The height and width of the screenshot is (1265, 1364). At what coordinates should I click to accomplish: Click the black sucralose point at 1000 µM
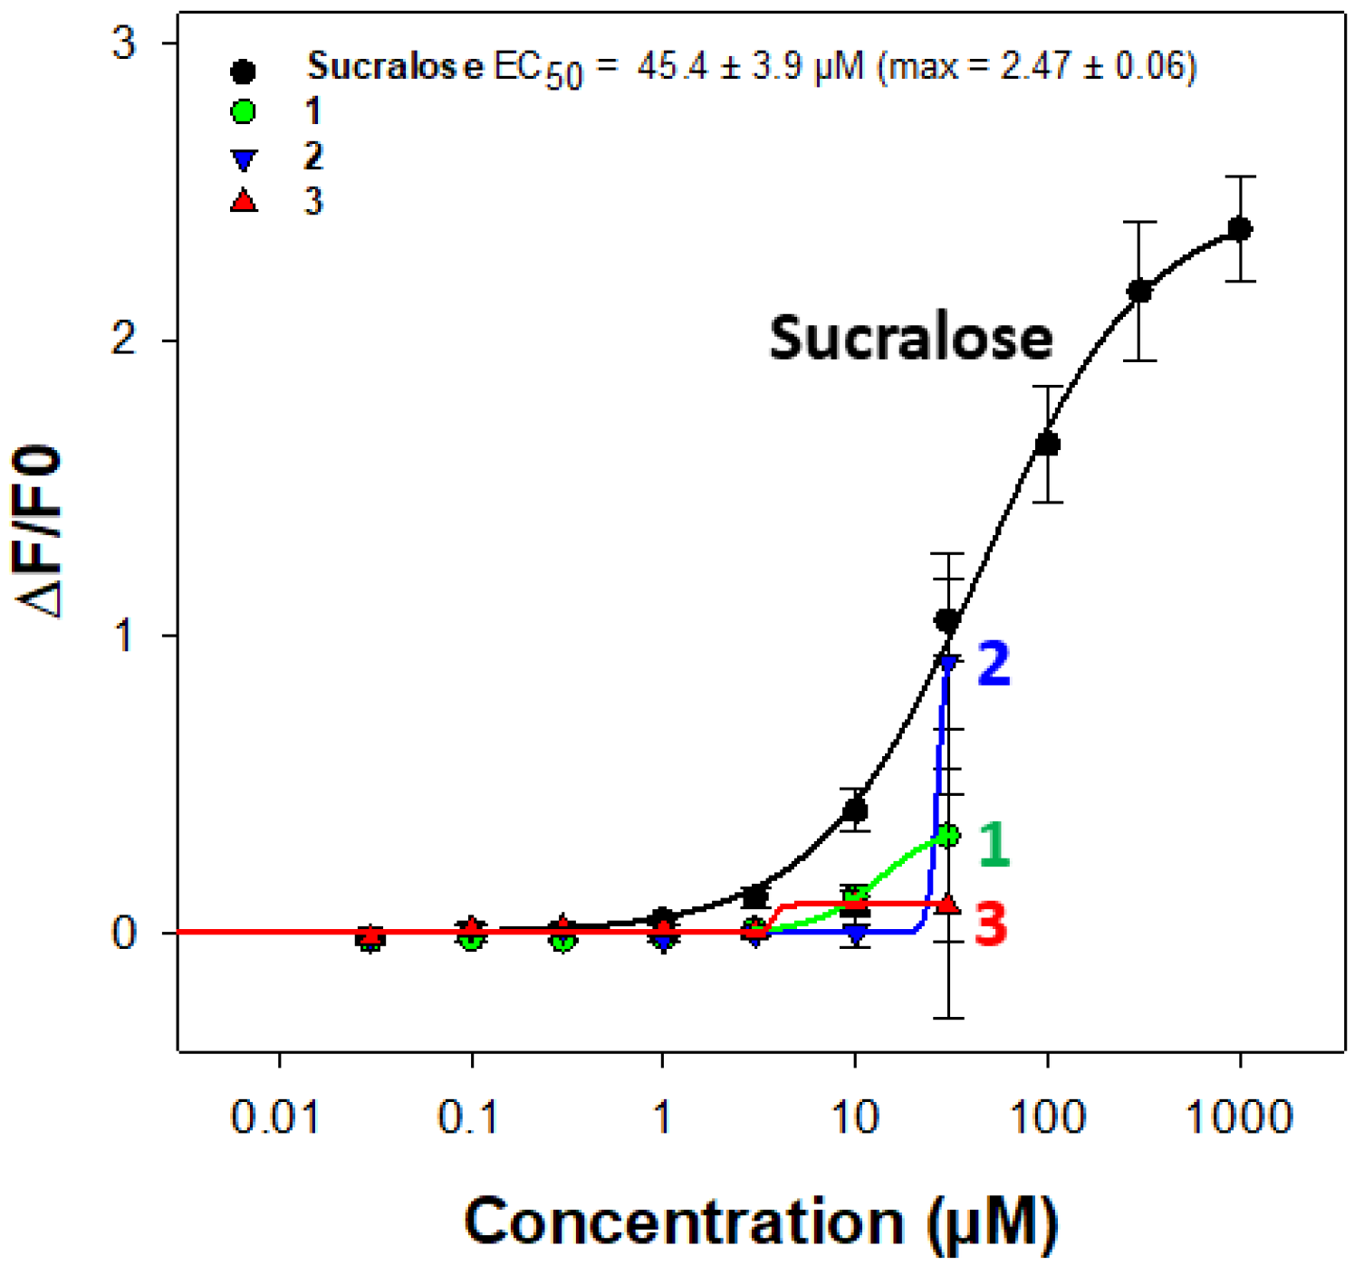click(1239, 229)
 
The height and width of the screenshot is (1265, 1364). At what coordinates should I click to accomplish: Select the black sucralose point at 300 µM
click(1139, 292)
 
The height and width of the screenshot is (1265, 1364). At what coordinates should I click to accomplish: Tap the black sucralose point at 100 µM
click(1047, 444)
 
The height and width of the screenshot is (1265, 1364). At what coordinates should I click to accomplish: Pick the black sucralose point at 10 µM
click(855, 810)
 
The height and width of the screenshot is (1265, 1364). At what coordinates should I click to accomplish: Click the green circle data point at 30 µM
click(948, 835)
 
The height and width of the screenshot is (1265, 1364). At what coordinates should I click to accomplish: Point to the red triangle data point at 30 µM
click(948, 904)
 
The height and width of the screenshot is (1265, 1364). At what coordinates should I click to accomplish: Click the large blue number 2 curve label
click(994, 665)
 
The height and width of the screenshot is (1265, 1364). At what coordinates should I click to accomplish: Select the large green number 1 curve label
click(994, 844)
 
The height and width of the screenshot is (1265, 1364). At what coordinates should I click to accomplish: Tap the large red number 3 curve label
click(991, 925)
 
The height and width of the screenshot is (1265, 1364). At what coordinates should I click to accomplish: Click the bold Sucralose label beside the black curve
click(911, 338)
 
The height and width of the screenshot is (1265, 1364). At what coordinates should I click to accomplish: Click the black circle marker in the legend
click(243, 71)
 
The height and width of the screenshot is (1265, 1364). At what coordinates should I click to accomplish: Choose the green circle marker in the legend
click(243, 112)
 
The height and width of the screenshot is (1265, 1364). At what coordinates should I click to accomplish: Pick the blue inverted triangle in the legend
click(243, 160)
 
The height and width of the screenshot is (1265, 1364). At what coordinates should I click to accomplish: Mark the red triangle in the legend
click(243, 200)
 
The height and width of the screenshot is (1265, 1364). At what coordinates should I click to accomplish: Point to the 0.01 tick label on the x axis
click(276, 1118)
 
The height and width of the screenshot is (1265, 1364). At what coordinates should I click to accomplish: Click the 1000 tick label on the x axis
click(1239, 1118)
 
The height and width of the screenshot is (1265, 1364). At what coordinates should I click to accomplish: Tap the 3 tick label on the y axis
click(124, 43)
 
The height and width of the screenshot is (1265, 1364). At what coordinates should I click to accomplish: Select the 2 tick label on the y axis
click(124, 340)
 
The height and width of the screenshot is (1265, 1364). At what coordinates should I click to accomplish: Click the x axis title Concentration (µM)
click(761, 1222)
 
